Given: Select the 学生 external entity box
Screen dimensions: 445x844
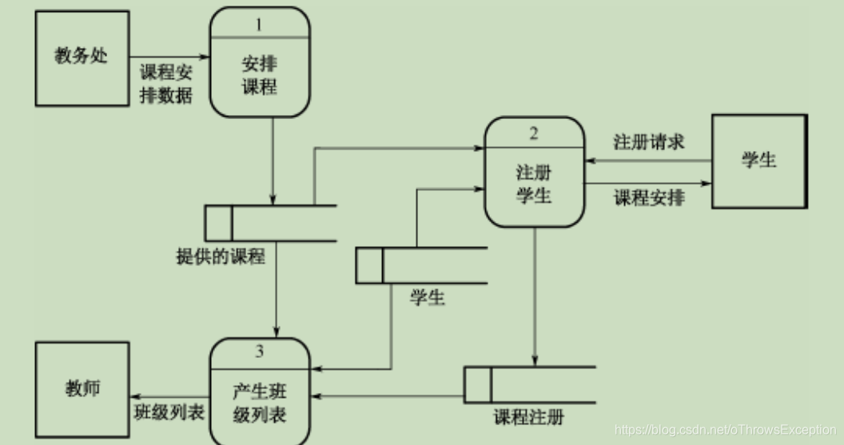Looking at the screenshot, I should click(758, 161).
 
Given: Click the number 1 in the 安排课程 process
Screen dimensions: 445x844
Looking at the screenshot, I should click(258, 25).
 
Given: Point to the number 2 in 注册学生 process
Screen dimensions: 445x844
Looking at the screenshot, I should click(533, 133).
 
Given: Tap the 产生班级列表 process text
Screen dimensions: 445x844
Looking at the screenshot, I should click(259, 403).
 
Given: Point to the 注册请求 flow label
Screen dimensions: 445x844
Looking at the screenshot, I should click(648, 142).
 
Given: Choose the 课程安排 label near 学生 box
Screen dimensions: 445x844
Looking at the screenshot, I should click(648, 197).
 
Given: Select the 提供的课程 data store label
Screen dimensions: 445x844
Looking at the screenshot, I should click(220, 256).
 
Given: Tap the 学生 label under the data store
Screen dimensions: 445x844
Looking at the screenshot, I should click(428, 299).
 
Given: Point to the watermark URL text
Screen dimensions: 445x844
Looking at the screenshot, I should click(725, 431).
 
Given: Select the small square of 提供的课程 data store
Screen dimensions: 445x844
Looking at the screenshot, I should click(218, 223).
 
